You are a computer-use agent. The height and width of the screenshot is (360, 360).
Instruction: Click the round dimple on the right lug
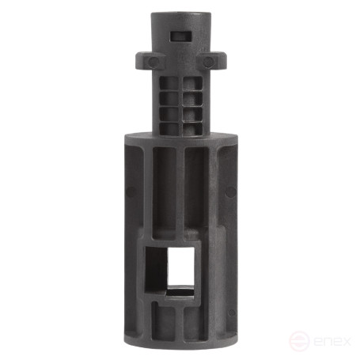click(x=209, y=61)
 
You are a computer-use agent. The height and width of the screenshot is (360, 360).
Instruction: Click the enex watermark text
click(x=328, y=341)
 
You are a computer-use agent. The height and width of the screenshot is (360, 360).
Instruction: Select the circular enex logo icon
click(x=297, y=341)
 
